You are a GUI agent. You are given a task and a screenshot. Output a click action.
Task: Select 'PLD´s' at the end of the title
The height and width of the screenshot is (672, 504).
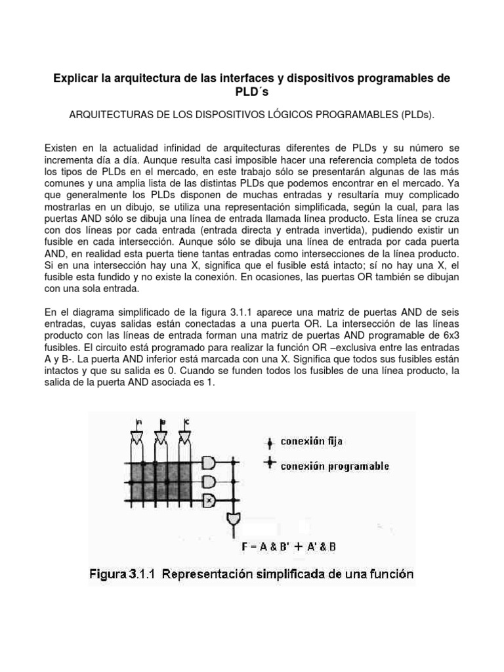tap(251, 93)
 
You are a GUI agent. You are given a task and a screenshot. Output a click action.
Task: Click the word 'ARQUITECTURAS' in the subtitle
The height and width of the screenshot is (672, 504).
tap(110, 115)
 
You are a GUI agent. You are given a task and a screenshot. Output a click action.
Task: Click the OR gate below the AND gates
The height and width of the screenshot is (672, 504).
tap(234, 520)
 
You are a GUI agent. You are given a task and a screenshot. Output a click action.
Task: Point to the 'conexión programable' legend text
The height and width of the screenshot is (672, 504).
tap(335, 466)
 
